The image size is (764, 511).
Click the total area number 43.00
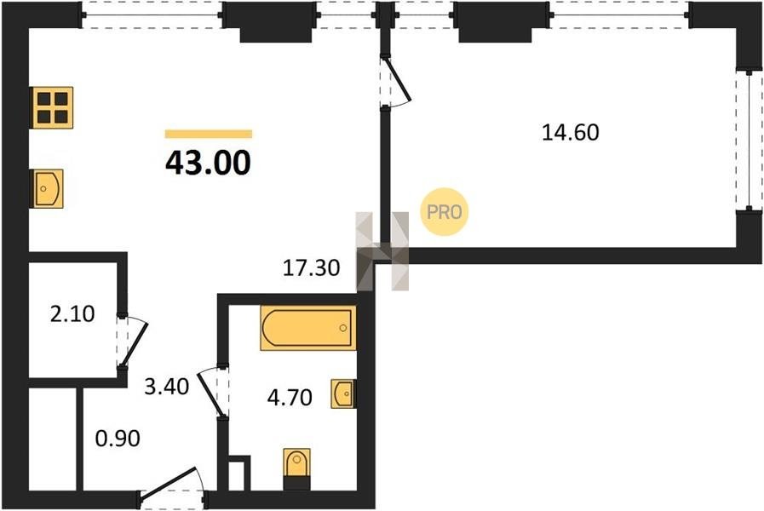(x=208, y=163)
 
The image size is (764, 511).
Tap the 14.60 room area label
(x=571, y=133)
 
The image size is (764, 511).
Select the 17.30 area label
(x=312, y=268)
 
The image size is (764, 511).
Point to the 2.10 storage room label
(x=72, y=314)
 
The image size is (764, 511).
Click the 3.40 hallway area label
(x=167, y=387)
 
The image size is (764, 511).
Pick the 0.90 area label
(x=118, y=439)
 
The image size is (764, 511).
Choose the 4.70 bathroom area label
(x=290, y=398)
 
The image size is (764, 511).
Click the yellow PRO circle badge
(x=445, y=212)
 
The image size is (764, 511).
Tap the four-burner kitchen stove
(x=52, y=107)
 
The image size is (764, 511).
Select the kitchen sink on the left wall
(x=47, y=188)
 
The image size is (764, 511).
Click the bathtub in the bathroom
(x=308, y=328)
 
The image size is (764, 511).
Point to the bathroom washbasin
(x=343, y=393)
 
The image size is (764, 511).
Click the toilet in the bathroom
(x=296, y=468)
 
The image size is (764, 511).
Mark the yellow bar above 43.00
(x=209, y=134)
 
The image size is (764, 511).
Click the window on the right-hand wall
(x=749, y=141)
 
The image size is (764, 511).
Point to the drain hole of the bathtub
(x=343, y=328)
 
